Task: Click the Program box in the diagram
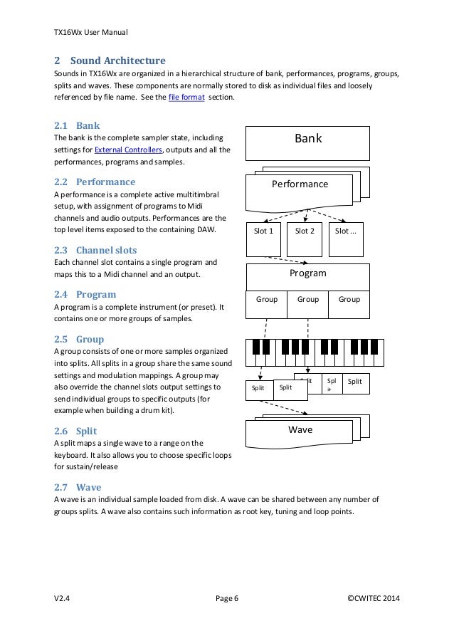[307, 273]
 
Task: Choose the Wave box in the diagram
[300, 430]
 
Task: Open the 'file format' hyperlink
[187, 97]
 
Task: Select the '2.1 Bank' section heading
[77, 124]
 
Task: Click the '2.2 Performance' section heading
[95, 181]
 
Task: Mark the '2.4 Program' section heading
[85, 293]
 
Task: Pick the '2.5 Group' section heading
[79, 339]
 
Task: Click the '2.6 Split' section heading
[76, 431]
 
